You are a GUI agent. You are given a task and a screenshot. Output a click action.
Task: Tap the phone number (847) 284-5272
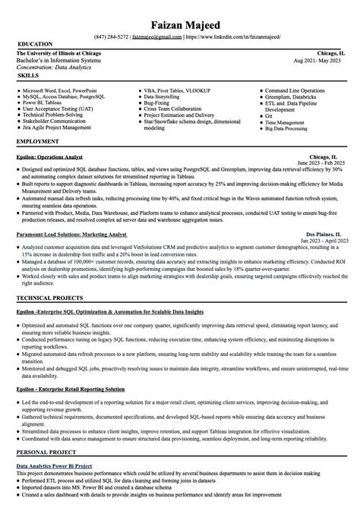click(x=111, y=36)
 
